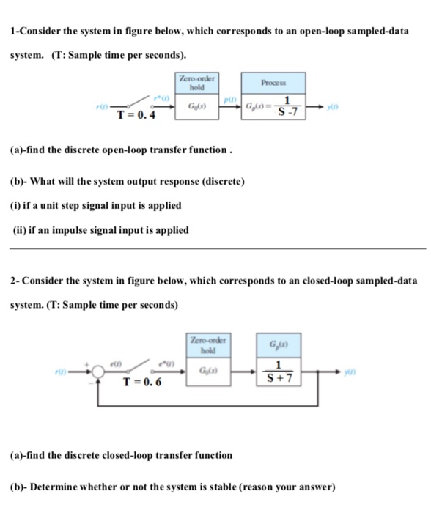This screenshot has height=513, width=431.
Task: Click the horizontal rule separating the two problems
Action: coord(215,249)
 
